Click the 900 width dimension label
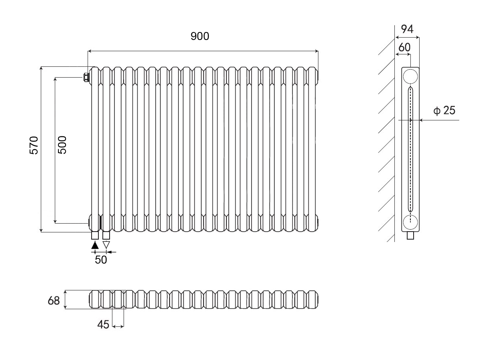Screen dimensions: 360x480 [200, 36]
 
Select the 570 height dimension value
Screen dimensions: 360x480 [34, 145]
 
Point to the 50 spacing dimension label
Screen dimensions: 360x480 [101, 260]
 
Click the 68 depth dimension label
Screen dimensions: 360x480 [54, 300]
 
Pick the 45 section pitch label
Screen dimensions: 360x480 [103, 325]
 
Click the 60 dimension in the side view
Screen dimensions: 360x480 [404, 47]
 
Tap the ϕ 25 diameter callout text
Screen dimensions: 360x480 [444, 110]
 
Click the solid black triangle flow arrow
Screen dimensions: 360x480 [95, 245]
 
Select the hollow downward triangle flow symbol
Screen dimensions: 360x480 [106, 244]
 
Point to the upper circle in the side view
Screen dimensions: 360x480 [410, 76]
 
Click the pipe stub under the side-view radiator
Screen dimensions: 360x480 [410, 236]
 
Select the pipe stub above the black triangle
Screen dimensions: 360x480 [95, 235]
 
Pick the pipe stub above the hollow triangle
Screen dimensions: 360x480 [106, 235]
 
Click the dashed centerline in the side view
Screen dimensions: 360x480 [410, 160]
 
